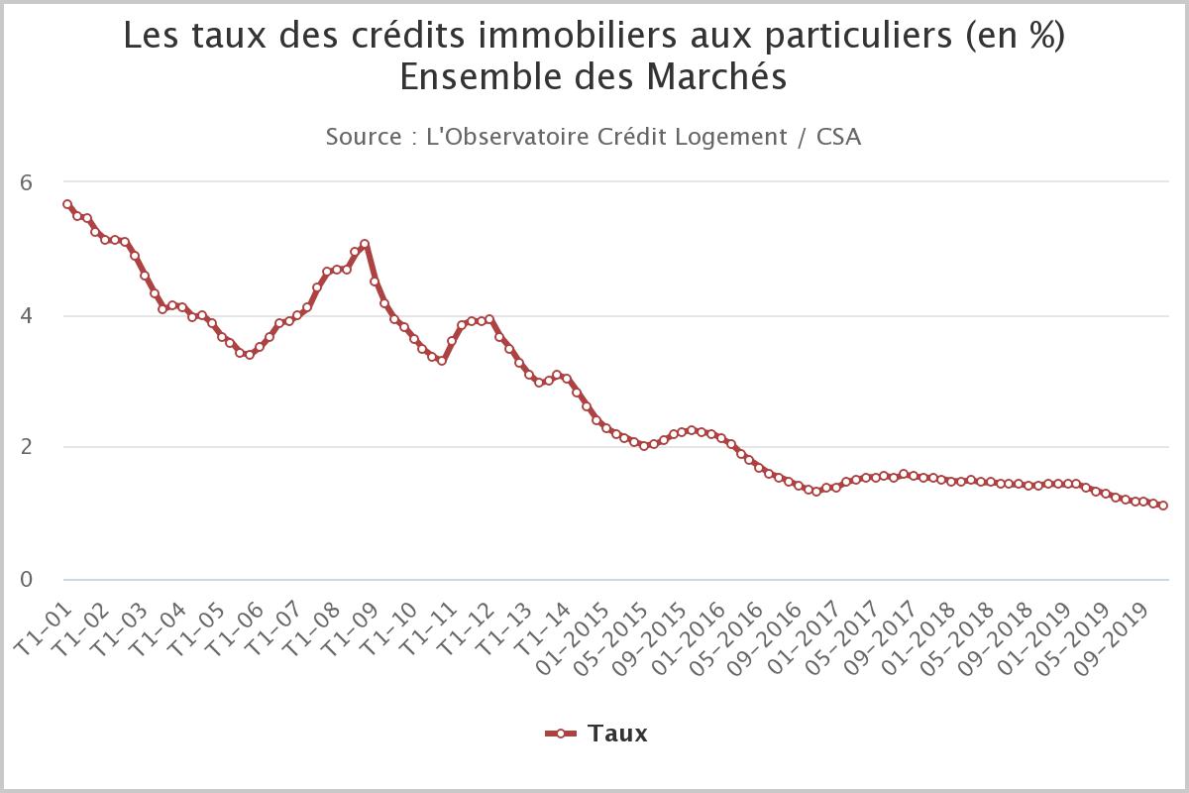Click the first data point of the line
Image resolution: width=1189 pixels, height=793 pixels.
(x=66, y=204)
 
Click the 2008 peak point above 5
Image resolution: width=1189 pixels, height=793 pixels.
(x=365, y=244)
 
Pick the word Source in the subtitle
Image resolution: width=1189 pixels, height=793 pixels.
(x=362, y=137)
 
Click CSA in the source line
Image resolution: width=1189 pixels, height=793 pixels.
(x=838, y=137)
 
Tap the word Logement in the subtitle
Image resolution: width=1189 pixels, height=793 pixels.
(x=736, y=137)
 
